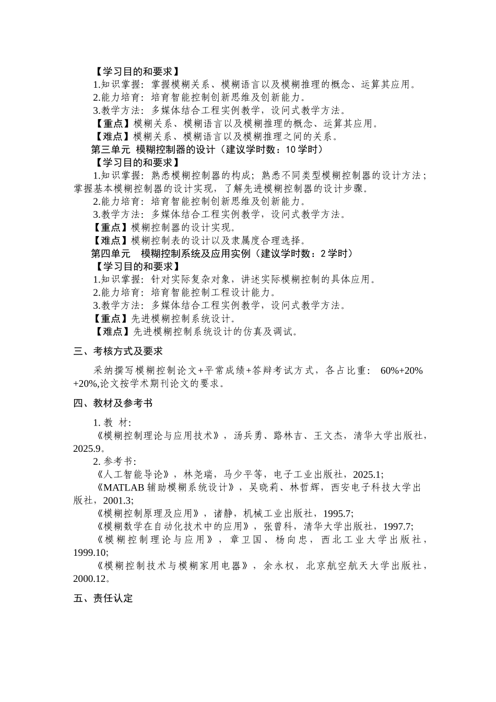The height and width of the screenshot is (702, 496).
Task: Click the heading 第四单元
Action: point(111,254)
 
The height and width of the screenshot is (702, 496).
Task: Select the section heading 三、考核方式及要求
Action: point(118,352)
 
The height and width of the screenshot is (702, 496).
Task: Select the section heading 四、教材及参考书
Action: point(113,403)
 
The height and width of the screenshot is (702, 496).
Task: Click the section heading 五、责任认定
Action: point(103,599)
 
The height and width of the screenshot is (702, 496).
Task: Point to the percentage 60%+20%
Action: point(401,371)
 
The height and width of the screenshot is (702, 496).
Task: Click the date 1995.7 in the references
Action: point(337,513)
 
